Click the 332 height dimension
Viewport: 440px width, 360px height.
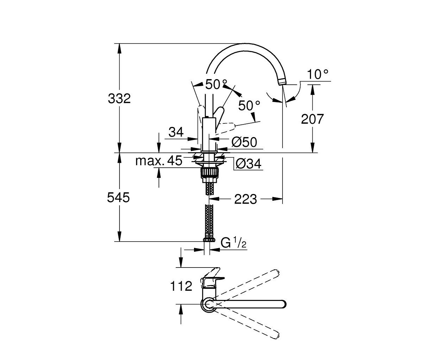pyautogui.click(x=119, y=98)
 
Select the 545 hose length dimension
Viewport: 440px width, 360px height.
pyautogui.click(x=118, y=197)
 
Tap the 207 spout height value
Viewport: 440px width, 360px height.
pyautogui.click(x=312, y=119)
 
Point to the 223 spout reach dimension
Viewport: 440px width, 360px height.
pyautogui.click(x=245, y=199)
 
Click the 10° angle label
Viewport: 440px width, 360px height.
pyautogui.click(x=318, y=74)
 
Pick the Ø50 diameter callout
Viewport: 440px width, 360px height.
pyautogui.click(x=244, y=142)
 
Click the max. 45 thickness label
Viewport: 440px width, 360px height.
pyautogui.click(x=159, y=161)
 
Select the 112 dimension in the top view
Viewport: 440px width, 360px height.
pyautogui.click(x=181, y=286)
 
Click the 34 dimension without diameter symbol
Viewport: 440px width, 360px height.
pyautogui.click(x=176, y=132)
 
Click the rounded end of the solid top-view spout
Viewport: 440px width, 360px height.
pyautogui.click(x=283, y=304)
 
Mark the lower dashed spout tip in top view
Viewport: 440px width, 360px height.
pyautogui.click(x=276, y=335)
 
